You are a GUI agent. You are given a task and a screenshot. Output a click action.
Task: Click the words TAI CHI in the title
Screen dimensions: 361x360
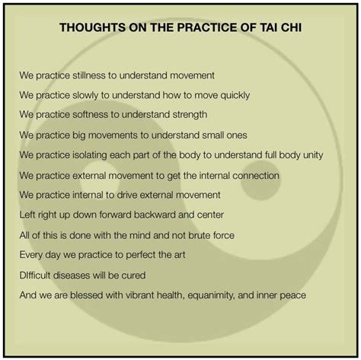click(280, 27)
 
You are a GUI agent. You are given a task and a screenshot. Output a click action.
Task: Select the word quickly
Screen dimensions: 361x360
click(235, 95)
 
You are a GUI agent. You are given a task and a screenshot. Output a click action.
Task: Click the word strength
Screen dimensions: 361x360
click(190, 115)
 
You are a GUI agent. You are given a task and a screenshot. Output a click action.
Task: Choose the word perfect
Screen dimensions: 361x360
click(141, 255)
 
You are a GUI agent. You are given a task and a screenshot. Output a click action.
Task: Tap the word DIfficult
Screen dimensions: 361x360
click(35, 276)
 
